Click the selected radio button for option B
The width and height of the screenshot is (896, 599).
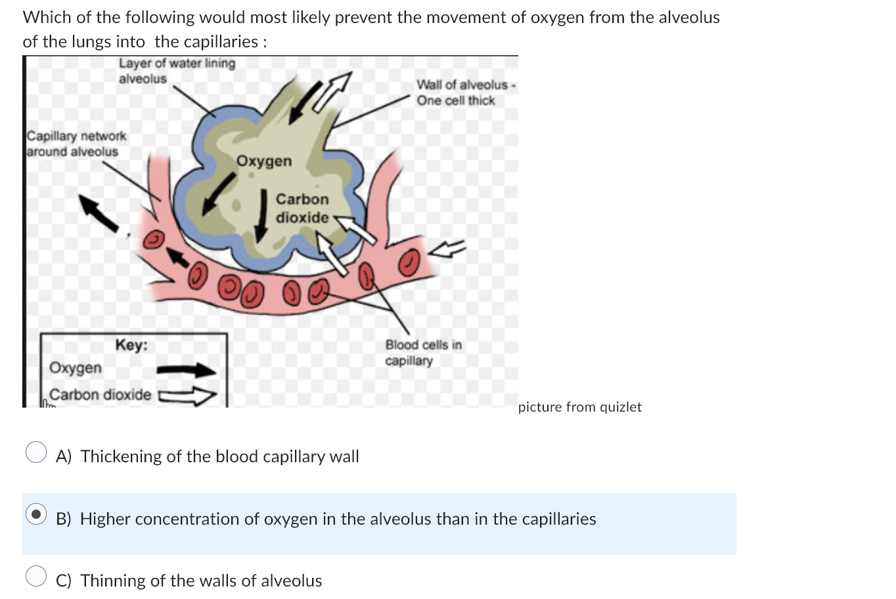36,514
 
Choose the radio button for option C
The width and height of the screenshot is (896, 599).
36,575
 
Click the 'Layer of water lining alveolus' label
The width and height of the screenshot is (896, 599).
176,71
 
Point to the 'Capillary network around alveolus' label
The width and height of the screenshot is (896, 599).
76,143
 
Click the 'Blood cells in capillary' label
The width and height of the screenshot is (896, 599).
423,352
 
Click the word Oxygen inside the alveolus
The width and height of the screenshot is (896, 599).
264,161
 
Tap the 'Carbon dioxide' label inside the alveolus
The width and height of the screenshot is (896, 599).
302,208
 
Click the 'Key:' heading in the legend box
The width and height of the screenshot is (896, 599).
131,345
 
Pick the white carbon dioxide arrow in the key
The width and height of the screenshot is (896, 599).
188,396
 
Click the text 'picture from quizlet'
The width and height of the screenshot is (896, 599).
579,407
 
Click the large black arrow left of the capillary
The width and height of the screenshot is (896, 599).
99,212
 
